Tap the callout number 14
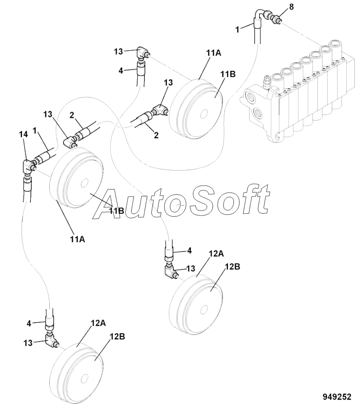pos(25,134)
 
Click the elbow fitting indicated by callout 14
pos(29,167)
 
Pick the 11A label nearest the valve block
pos(213,52)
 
